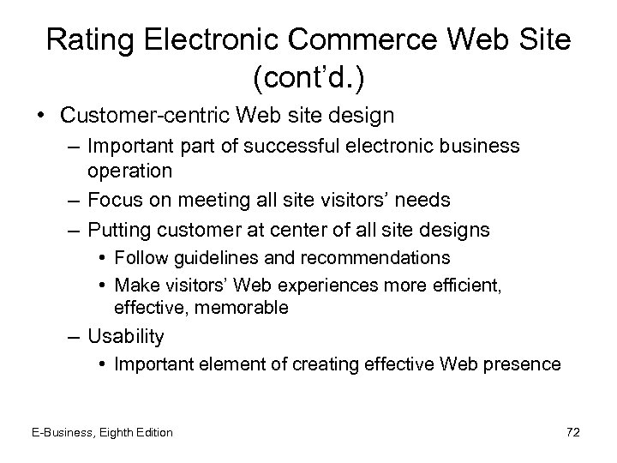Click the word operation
coord(130,170)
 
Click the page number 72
coord(572,432)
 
